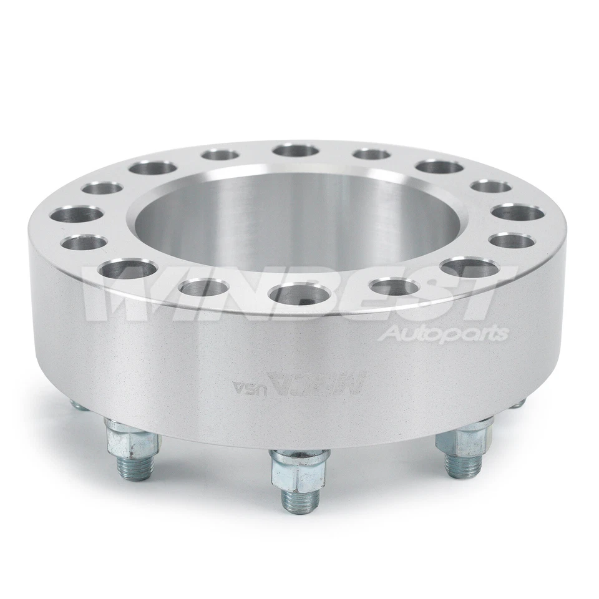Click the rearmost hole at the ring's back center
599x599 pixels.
(x=296, y=150)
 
